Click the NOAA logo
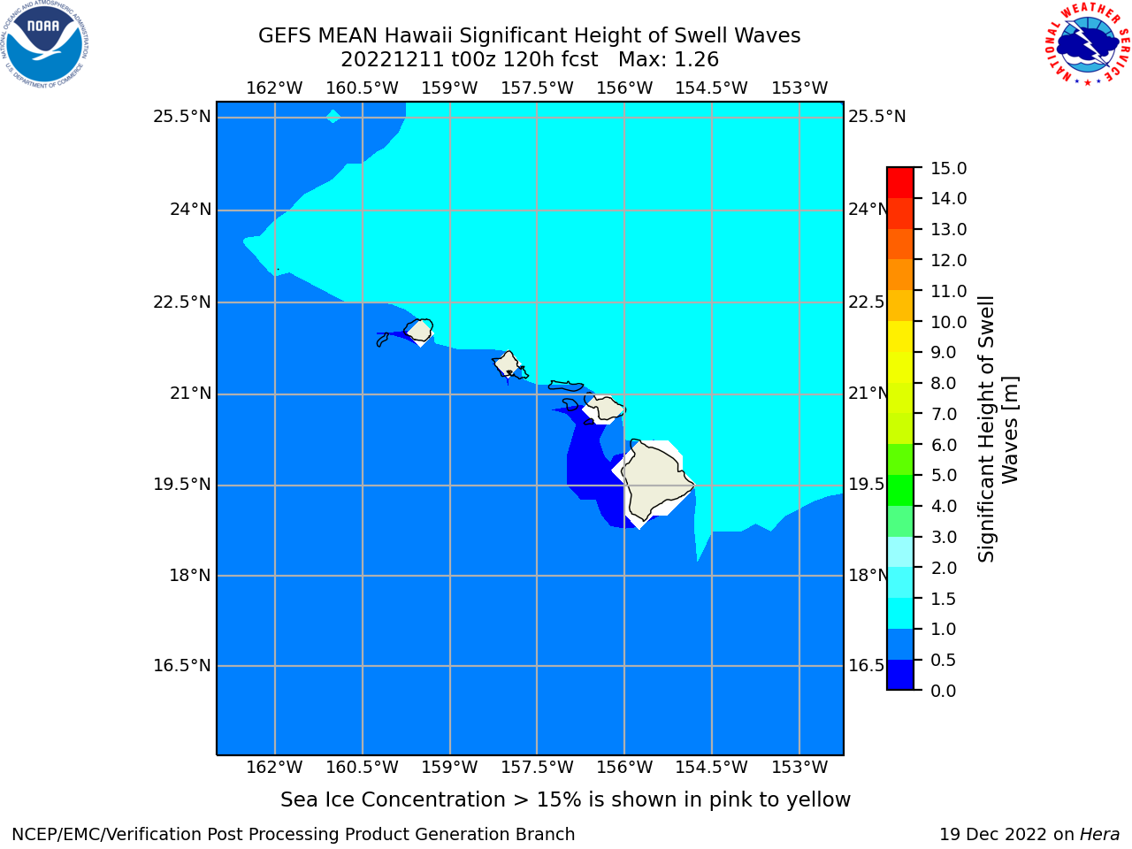coord(44,44)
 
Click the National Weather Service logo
coord(1087,43)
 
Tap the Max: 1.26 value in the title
coord(669,60)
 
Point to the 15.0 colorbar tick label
coord(948,168)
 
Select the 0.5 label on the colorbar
coord(943,660)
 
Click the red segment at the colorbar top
coord(900,183)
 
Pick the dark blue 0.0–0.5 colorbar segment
coord(900,674)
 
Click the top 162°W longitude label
coord(274,88)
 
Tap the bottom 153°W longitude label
coord(799,767)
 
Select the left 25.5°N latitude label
coord(182,117)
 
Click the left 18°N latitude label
coord(190,575)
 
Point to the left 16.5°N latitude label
coord(182,665)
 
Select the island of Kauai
coord(419,330)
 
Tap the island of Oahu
coord(509,364)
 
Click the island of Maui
coord(604,407)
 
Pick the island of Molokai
coord(566,386)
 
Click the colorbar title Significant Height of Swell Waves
coord(998,429)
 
